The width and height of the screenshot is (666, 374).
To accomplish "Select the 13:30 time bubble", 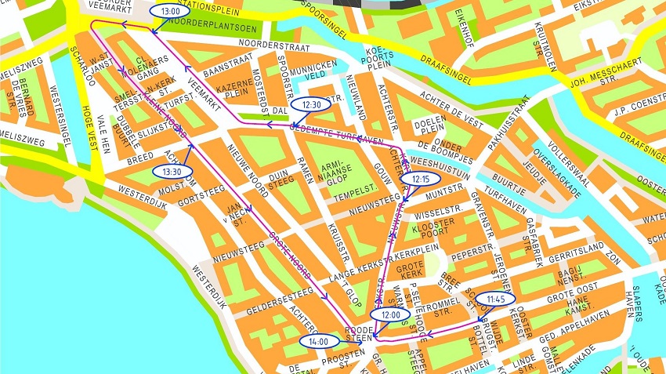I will tap(172, 171).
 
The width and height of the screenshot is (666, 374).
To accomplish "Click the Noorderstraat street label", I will tap(271, 45).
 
